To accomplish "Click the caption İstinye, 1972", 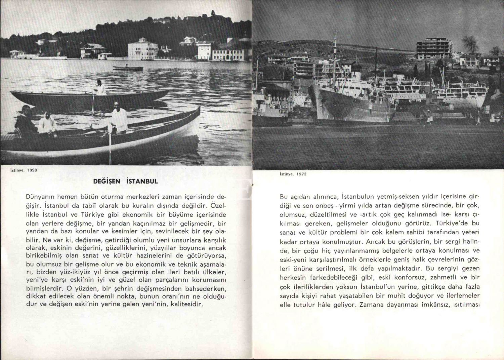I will [293, 174].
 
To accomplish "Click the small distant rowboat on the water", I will [123, 68].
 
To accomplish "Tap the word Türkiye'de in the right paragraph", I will [452, 223].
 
